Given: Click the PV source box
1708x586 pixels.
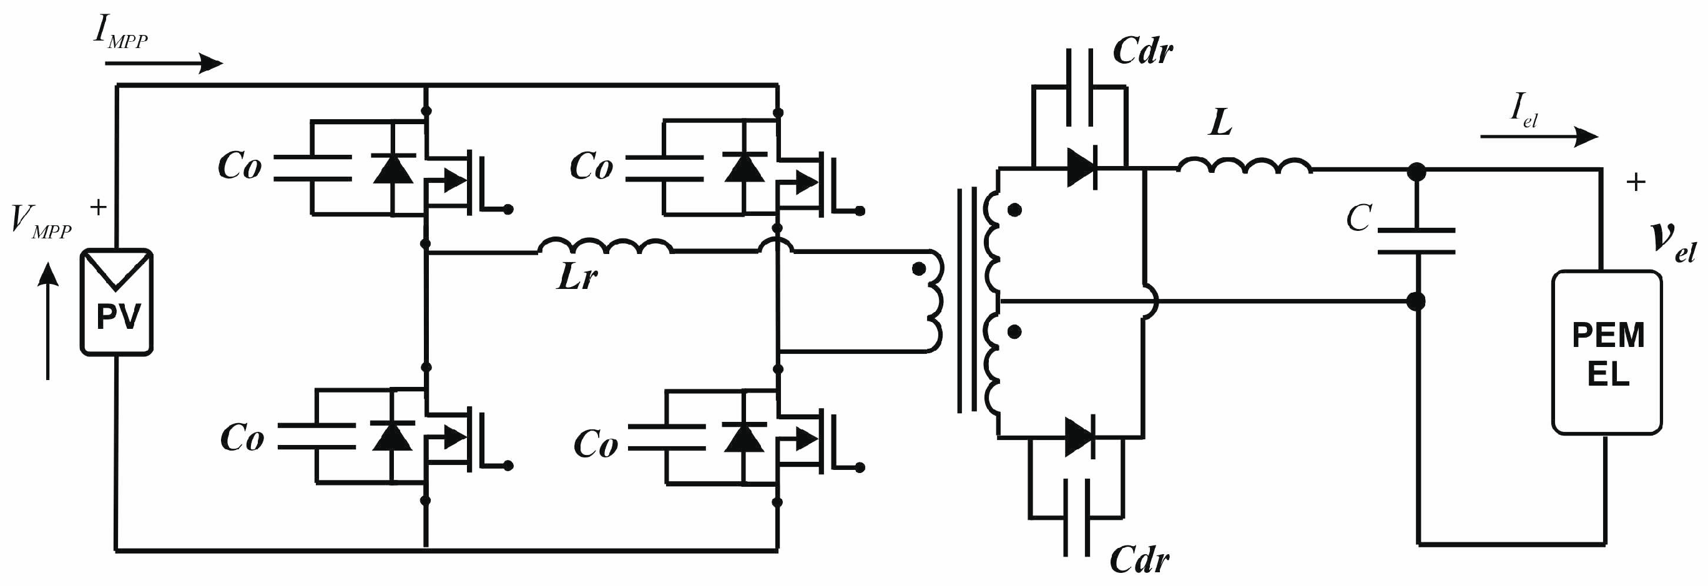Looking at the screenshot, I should (117, 302).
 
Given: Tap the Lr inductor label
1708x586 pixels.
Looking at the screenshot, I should (576, 276).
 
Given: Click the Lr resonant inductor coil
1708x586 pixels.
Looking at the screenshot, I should (605, 246).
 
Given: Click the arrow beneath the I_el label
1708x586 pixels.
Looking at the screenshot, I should (1538, 137).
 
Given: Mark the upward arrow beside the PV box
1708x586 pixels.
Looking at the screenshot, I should (47, 321).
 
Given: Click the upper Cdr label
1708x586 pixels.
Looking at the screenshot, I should (1142, 51).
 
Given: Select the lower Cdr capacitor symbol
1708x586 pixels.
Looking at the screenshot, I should (1077, 517).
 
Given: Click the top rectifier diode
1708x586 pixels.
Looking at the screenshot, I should (1081, 168).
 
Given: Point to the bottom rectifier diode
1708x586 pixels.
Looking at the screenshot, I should (1079, 437).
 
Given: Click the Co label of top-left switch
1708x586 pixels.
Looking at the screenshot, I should (239, 167).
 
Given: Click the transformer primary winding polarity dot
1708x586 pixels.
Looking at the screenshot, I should (918, 268).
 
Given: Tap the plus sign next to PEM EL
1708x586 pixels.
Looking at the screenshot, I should (1636, 182).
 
